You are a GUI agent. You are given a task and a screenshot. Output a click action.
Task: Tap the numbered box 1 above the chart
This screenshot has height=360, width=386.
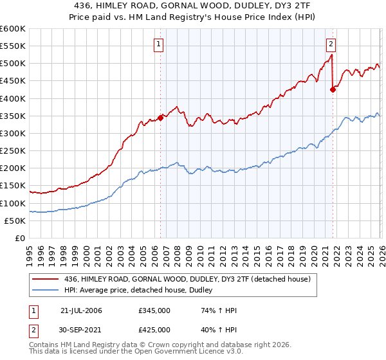(x=158, y=44)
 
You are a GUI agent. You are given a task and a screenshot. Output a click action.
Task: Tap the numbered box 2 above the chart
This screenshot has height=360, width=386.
(x=331, y=44)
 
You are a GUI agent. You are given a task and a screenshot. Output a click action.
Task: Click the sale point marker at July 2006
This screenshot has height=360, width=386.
(x=160, y=118)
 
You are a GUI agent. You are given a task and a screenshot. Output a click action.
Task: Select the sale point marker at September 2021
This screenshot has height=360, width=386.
(x=333, y=90)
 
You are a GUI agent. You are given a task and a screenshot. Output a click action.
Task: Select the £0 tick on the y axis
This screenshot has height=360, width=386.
(x=21, y=238)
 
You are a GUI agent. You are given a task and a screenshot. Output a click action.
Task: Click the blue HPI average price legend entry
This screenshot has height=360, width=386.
(x=142, y=291)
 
